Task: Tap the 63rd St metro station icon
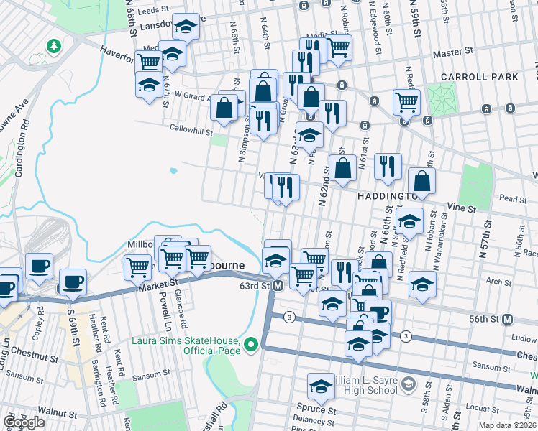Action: (278, 285)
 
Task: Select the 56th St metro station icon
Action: (507, 319)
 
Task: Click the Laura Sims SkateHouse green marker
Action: (250, 346)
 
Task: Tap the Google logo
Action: (24, 422)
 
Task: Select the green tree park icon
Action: (53, 46)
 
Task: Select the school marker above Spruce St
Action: (321, 386)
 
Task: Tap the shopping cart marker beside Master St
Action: (338, 47)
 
